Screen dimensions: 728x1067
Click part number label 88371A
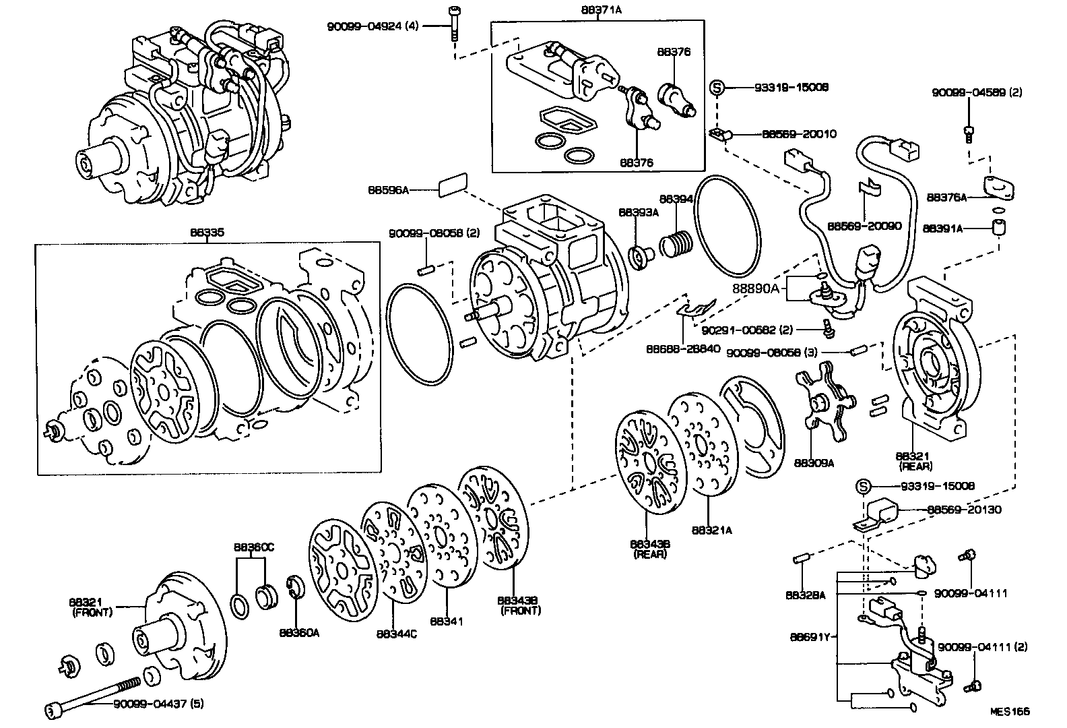point(600,11)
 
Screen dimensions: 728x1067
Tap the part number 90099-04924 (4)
point(373,26)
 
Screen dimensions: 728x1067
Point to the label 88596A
point(388,190)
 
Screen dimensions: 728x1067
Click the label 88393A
point(638,212)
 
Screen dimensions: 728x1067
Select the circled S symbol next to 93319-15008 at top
point(718,87)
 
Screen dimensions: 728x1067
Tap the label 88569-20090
point(864,226)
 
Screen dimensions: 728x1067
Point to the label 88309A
point(814,463)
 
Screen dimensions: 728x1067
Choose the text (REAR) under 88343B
point(649,554)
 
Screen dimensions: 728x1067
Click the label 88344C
point(396,634)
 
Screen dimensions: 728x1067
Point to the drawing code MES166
point(1010,710)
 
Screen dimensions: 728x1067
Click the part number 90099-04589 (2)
point(977,92)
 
